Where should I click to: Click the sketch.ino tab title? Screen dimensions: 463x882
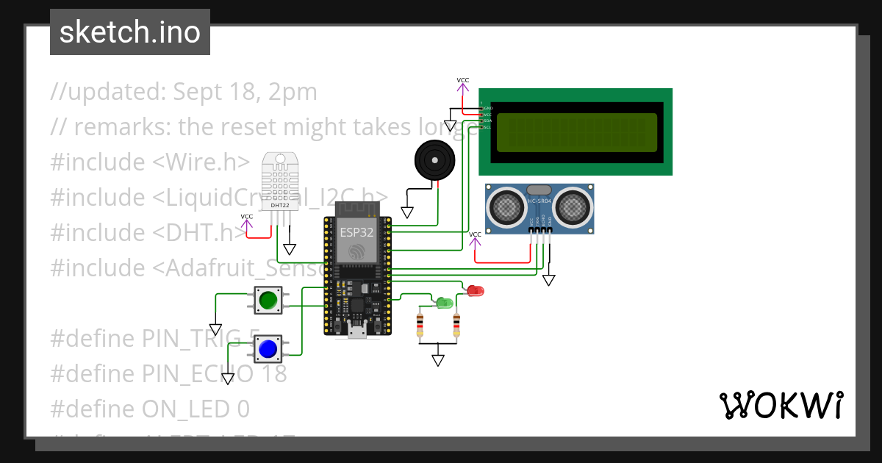(129, 32)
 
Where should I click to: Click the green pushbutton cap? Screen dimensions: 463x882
(268, 299)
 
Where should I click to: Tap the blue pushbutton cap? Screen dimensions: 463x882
(268, 348)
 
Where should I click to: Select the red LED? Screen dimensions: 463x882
(476, 291)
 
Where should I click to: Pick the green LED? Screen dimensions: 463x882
(444, 302)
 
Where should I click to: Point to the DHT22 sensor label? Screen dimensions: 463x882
(280, 205)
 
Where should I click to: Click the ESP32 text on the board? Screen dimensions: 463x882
(356, 233)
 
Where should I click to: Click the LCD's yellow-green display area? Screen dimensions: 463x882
(577, 132)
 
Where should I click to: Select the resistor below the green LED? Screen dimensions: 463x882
(420, 323)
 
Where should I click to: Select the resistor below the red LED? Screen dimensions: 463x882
(456, 323)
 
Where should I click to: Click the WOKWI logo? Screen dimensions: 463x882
(781, 405)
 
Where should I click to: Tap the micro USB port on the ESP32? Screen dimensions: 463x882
(358, 332)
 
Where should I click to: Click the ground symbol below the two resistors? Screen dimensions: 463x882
(438, 360)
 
